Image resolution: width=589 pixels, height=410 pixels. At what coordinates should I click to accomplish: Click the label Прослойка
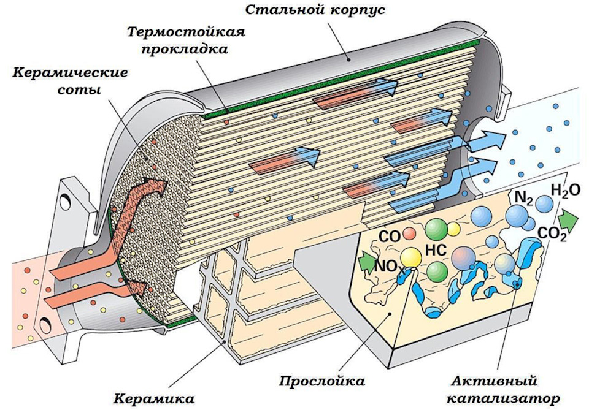[322, 381]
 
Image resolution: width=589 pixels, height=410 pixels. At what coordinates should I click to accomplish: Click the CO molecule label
[390, 236]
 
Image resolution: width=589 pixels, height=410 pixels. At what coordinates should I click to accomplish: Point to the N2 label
[523, 197]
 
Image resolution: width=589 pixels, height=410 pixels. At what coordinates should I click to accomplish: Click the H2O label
[564, 191]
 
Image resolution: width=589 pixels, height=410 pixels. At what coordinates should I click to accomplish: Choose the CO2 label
[552, 233]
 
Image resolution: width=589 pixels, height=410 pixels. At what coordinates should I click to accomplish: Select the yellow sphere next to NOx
[412, 257]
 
